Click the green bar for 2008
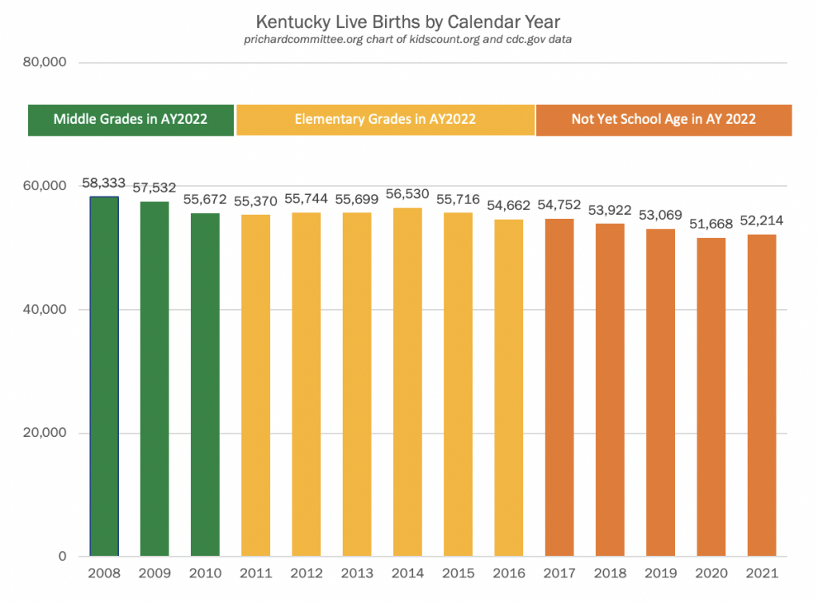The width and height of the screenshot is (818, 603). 104,376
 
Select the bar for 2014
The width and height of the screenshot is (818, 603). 407,382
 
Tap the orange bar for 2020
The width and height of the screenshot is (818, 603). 711,397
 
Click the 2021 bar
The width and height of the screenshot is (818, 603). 761,395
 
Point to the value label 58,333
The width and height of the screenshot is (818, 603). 104,184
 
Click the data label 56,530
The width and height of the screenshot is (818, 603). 407,194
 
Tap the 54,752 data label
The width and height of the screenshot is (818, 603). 559,205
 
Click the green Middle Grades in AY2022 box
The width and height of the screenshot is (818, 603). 131,120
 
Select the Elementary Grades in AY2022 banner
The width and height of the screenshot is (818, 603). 385,120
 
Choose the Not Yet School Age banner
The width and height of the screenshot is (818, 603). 663,120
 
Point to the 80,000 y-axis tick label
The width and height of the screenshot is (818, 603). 45,62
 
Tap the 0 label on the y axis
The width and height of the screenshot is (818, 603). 62,557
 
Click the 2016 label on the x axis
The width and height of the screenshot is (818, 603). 509,573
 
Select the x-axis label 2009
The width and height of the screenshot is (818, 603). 154,573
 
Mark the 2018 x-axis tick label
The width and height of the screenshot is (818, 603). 610,573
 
